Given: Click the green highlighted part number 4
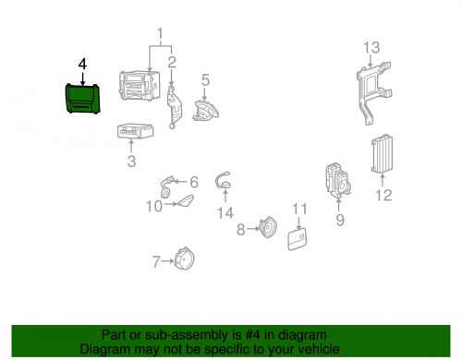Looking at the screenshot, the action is [x=82, y=99].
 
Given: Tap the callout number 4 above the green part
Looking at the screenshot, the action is [x=82, y=65].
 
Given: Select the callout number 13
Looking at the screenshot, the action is [x=371, y=47].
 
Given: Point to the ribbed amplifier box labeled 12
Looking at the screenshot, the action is [x=382, y=153].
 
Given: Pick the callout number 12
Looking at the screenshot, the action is [x=383, y=195].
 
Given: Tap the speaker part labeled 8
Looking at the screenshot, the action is [x=268, y=228].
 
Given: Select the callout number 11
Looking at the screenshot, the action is [x=299, y=209].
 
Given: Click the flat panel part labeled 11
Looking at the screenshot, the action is [x=298, y=239].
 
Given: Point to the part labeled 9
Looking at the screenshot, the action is [x=338, y=180].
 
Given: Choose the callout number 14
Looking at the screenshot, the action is [x=225, y=213].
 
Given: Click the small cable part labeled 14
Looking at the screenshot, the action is [x=224, y=181].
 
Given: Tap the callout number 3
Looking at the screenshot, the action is [x=131, y=162].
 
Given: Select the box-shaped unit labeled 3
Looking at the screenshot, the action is [x=135, y=131].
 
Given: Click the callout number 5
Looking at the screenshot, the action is [x=205, y=79].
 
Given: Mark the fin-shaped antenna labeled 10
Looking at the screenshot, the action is [x=185, y=201].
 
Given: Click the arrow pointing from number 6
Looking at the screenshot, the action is [x=181, y=182].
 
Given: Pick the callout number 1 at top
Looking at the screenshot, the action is [x=160, y=33].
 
